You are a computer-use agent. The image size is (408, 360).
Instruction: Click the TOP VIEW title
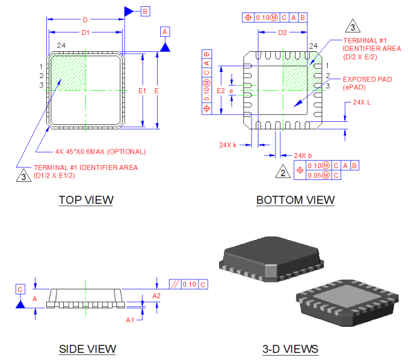point(86,200)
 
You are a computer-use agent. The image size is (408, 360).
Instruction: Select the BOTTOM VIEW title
point(295,200)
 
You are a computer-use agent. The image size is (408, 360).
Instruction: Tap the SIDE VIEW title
point(87,349)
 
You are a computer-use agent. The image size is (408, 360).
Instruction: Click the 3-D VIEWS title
point(290,349)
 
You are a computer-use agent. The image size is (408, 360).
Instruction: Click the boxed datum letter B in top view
point(145,11)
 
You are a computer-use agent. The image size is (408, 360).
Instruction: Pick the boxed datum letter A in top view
point(165,31)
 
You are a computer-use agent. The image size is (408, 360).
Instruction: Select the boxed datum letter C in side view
point(20,289)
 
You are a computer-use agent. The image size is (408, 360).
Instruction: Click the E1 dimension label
point(142,91)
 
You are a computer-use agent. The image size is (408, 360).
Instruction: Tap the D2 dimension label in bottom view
point(282,32)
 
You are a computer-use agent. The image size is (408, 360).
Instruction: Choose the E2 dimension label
point(220,91)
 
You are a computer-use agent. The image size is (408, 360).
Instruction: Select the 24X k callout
point(227,145)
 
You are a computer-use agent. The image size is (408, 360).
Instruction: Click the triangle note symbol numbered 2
point(283,172)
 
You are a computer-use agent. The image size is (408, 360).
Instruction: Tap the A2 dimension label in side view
point(156,296)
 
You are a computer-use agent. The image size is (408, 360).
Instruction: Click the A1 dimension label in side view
point(130,319)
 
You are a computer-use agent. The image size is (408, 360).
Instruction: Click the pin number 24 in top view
point(61,45)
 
